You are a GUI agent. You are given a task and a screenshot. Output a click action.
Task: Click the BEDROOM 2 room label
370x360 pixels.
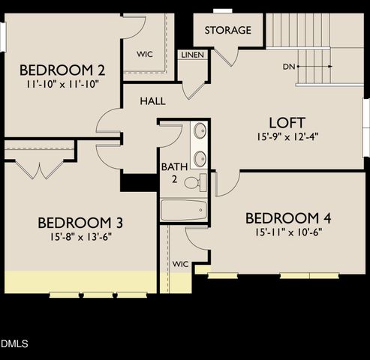pos(63,70)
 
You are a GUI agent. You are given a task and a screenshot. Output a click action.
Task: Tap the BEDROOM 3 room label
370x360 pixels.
pos(80,223)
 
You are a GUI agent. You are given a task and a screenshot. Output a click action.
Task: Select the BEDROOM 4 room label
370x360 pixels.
pos(288,218)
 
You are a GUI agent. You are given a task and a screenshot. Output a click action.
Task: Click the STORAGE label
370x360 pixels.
pos(227,31)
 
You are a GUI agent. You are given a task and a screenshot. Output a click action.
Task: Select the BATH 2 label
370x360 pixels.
pos(170,173)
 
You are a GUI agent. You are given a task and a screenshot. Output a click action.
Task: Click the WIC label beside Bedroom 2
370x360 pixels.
pos(145,54)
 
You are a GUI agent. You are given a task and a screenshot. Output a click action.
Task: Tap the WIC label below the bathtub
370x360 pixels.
pos(180,264)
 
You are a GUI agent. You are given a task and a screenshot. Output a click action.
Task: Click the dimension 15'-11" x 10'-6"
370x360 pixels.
pos(288,233)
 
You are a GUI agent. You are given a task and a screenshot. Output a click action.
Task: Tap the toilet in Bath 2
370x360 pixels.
pos(194,182)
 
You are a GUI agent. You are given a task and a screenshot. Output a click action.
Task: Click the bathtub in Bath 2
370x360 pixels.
pos(184,209)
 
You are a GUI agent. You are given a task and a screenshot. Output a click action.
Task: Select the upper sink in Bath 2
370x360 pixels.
pos(200,130)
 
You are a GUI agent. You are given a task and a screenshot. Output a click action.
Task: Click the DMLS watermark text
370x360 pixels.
pos(14,344)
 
